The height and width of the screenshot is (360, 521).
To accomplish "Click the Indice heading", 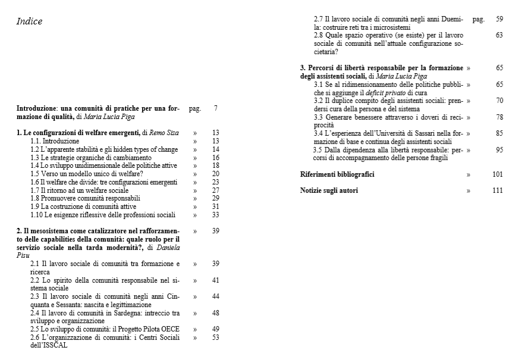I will [29, 22].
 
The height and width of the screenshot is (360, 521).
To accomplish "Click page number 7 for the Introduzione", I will [215, 108].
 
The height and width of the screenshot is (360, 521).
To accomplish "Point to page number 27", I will [215, 190].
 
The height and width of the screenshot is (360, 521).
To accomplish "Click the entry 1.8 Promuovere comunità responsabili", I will [85, 198].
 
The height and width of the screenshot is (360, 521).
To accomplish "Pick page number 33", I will [215, 215].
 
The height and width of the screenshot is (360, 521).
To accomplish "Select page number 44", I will [215, 296].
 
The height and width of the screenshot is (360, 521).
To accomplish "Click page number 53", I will [215, 337].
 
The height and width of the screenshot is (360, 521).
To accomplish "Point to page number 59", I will [499, 19].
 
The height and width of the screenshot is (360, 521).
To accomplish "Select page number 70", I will [499, 101].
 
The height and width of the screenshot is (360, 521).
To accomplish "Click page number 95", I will [499, 150].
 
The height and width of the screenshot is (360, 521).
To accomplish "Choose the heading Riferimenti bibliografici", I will [337, 174].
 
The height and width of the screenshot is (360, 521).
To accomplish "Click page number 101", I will [498, 174].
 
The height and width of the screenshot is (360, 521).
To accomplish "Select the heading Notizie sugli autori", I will [329, 190].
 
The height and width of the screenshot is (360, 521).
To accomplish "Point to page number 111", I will [498, 190].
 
